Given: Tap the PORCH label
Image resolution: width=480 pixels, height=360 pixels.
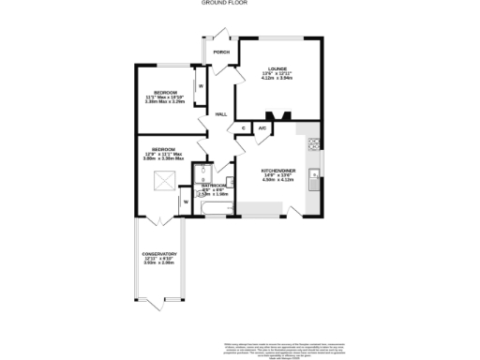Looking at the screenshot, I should tap(221, 52).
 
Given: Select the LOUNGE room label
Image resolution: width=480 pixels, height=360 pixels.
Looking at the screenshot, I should tap(277, 68).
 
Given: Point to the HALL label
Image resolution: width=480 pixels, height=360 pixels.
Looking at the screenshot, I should tap(221, 113).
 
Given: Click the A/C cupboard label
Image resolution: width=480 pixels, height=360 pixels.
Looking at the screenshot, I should tap(262, 127).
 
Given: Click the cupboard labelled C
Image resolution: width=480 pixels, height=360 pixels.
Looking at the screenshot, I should tap(244, 127).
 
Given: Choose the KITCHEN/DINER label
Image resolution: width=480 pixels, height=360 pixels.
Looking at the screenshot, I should tap(278, 169).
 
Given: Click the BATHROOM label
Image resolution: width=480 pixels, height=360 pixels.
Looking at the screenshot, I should tap(214, 186).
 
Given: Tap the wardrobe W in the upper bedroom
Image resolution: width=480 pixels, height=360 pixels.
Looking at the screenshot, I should tap(200, 85).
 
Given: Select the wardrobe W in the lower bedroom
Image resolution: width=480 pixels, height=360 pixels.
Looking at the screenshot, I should tap(186, 202).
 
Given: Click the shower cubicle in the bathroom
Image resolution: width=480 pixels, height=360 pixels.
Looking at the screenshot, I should tap(200, 176).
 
